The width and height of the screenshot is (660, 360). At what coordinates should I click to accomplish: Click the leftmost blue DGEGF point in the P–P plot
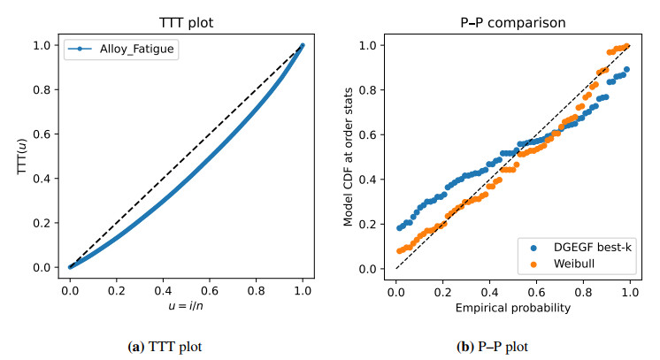[x=399, y=228]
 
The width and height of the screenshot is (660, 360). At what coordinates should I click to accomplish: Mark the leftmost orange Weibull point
[x=399, y=250]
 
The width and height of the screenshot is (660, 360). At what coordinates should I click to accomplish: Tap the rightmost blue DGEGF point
[x=626, y=69]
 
